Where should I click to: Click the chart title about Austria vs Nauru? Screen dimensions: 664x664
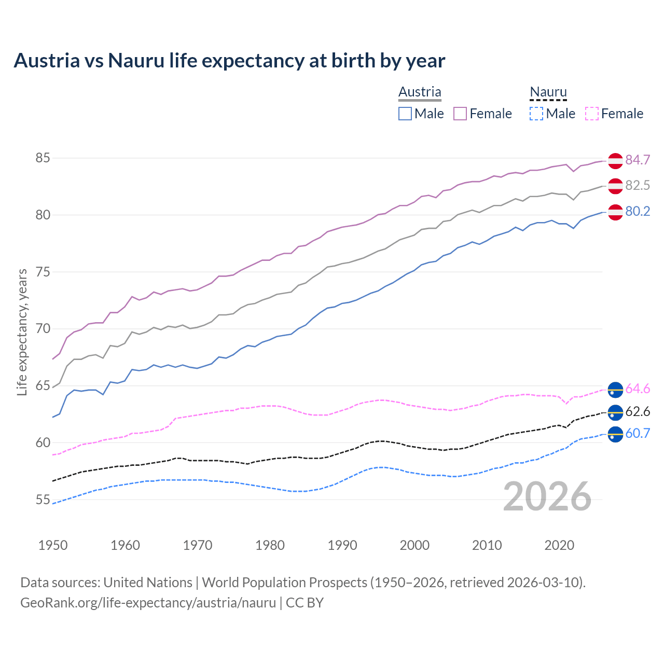point(229,61)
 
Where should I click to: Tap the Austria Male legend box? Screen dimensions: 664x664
point(405,114)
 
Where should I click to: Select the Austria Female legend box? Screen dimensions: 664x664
point(460,114)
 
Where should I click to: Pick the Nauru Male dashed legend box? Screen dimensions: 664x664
point(536,114)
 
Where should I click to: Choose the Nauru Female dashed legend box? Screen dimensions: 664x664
point(592,114)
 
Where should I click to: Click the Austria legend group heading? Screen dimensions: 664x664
point(420,92)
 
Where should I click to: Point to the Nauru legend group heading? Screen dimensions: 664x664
point(548,92)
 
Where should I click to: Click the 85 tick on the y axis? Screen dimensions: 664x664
point(43,158)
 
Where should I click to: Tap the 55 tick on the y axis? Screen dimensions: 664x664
point(43,500)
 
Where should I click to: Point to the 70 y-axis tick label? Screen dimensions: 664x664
point(43,329)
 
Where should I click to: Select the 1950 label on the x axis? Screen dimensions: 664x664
point(53,545)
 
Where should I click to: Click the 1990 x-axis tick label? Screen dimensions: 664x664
point(342,545)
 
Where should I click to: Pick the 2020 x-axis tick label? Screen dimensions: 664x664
point(559,545)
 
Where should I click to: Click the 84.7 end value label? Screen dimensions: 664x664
point(638,160)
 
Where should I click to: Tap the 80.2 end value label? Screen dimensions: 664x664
point(638,211)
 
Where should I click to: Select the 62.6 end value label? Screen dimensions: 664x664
point(638,412)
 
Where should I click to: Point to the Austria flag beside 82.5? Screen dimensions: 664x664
point(615,186)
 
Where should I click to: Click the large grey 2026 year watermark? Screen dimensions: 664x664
point(547,496)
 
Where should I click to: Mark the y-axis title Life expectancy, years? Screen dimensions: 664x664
point(22,332)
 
